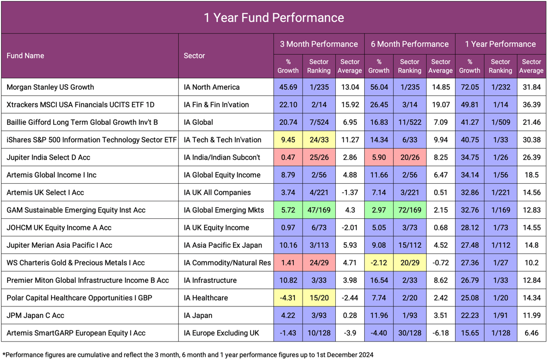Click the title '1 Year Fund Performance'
[x=273, y=18]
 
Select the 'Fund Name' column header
[x=25, y=56]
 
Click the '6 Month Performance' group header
[x=409, y=44]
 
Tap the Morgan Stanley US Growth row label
[x=50, y=87]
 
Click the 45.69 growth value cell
[x=288, y=87]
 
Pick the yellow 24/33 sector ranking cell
[x=318, y=140]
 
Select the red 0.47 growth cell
[x=288, y=158]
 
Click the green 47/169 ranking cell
[x=318, y=210]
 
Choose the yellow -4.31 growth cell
[x=288, y=298]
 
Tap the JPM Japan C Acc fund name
[x=36, y=316]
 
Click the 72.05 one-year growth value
[x=469, y=87]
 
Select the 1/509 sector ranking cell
[x=500, y=123]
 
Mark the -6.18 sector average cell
[x=440, y=333]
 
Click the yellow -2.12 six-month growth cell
[x=379, y=263]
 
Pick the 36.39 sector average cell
[x=531, y=104]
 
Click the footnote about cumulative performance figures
[x=188, y=355]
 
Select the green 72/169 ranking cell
[x=409, y=210]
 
